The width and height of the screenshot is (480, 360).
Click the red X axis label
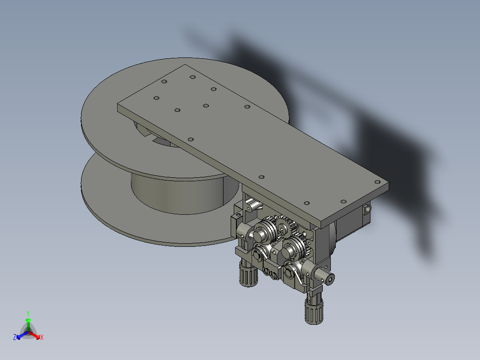(x=42, y=338)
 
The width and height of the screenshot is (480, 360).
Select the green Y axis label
(x=28, y=313)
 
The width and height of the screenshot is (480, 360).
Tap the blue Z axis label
(x=15, y=338)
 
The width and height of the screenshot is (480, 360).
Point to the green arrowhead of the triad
(x=28, y=320)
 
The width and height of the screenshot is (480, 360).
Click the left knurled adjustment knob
(x=248, y=275)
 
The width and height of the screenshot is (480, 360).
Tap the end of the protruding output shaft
(x=329, y=279)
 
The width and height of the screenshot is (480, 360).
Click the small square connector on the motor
(x=367, y=208)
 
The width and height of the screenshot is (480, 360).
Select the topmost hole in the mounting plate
(x=192, y=77)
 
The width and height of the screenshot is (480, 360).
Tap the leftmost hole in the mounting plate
(x=156, y=98)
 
